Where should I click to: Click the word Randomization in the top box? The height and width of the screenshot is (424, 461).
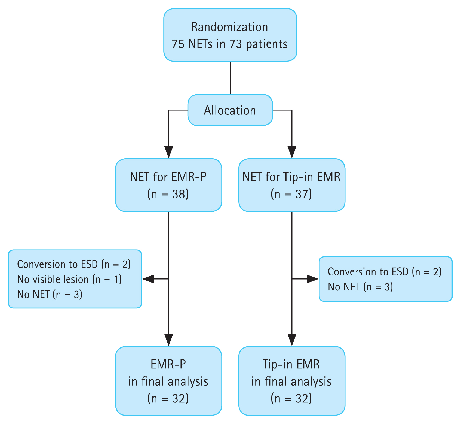tap(229, 27)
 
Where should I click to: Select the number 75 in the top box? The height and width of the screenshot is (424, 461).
tap(178, 44)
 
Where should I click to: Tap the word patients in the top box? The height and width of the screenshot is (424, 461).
tap(267, 44)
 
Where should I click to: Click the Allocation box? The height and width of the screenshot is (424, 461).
tap(230, 110)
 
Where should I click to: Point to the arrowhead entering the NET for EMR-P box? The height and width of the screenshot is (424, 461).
tap(169, 152)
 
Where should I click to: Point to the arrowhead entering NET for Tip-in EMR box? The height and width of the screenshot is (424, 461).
tap(292, 152)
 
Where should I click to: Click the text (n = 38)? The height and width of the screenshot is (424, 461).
tap(168, 194)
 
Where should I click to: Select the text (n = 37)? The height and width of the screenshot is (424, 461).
tap(291, 194)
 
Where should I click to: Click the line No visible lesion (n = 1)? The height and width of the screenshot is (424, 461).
tap(69, 279)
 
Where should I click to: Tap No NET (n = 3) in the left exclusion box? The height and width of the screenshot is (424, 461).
tap(50, 294)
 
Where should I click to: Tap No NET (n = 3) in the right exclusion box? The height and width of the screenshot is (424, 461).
tap(360, 287)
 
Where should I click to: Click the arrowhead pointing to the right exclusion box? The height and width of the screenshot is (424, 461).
tap(313, 279)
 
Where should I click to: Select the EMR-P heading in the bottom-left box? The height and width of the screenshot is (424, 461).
tap(168, 364)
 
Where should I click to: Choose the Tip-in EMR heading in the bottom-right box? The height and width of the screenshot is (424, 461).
tap(291, 364)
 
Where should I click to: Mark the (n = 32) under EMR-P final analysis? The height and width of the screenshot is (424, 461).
tap(168, 398)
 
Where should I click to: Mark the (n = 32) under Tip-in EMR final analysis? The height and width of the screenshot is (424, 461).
tap(291, 398)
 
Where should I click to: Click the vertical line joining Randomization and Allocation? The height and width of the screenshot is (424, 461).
tap(230, 78)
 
